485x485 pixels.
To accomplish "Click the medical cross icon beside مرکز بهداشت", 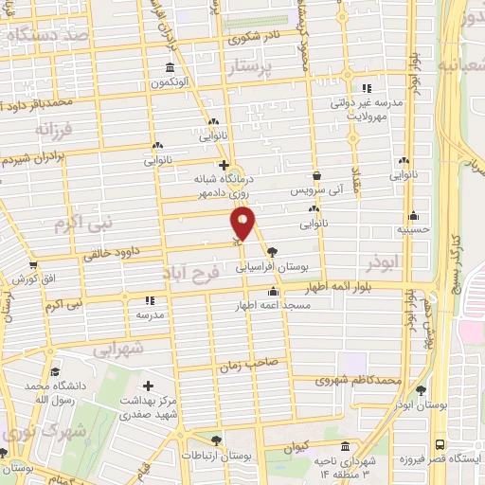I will point(148,386).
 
